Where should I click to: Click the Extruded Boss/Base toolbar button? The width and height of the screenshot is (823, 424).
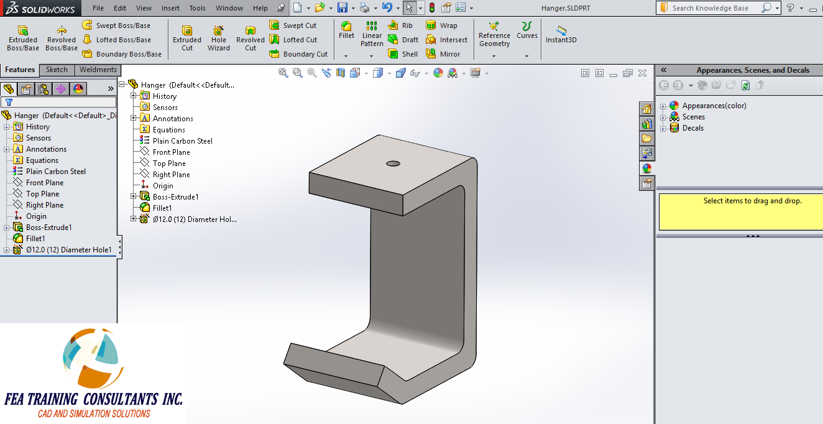23,39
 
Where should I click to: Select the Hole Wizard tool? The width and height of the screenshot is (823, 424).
219,39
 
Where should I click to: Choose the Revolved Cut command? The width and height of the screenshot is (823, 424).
251,39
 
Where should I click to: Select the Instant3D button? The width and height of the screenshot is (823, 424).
561,35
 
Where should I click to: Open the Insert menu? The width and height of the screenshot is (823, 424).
170,8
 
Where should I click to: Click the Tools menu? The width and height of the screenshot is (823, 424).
198,8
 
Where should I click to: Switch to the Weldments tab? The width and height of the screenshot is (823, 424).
98,70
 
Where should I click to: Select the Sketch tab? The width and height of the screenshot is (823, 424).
57,70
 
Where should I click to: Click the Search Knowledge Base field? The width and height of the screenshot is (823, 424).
715,8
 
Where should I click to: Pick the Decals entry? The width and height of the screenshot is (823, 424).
692,128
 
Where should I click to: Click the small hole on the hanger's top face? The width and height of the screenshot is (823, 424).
393,164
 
